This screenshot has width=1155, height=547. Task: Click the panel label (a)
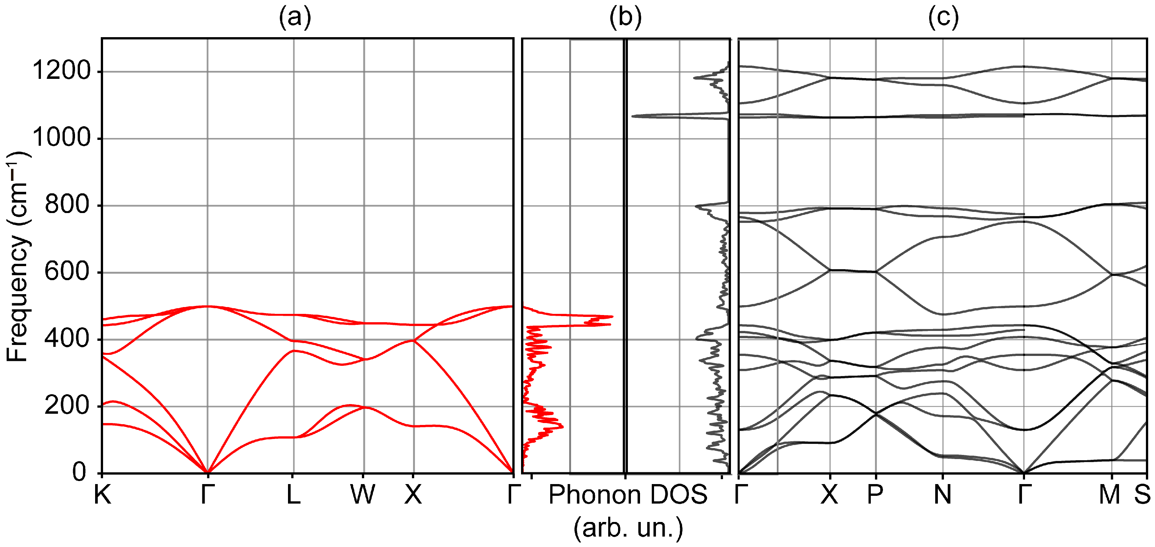pos(294,18)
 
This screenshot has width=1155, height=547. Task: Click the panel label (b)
pos(626,18)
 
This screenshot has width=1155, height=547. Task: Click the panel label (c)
pos(944,18)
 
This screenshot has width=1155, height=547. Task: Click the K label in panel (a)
pos(102,495)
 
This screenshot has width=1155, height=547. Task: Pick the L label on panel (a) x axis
pos(293,495)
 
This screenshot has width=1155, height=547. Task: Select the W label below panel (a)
pos(363,495)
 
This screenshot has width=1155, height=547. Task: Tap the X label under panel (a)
pos(413,495)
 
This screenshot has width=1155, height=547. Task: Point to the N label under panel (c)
pos(942,495)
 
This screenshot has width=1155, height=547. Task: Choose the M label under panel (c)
pos(1110,495)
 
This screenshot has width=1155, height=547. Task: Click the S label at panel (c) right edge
pos(1142,495)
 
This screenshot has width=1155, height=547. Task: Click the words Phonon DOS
pos(628,495)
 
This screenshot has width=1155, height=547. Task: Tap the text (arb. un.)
pos(628,528)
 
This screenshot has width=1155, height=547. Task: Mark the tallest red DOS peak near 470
pos(612,317)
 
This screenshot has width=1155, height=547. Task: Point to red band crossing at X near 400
pos(413,341)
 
